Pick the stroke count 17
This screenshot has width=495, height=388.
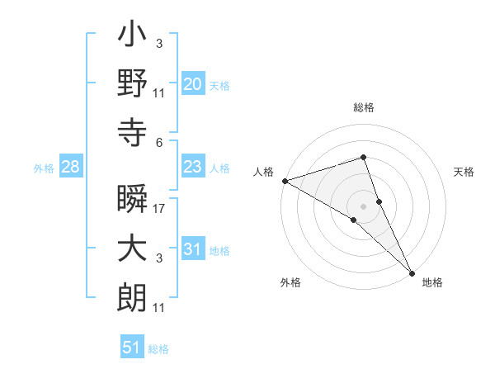click(159, 209)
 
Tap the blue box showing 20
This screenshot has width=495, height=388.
click(192, 84)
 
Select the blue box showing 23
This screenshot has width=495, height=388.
click(192, 168)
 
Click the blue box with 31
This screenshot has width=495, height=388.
click(192, 250)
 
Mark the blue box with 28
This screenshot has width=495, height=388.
click(70, 168)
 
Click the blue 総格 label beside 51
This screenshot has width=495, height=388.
click(158, 349)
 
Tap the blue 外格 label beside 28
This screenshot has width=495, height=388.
click(44, 168)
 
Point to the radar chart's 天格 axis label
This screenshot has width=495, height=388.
click(464, 172)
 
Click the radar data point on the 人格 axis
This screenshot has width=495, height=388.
click(285, 180)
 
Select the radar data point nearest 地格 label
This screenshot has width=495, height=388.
click(412, 272)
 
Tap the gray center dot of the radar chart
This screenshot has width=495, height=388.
click(363, 206)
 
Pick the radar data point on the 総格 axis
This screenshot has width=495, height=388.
click(363, 157)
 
